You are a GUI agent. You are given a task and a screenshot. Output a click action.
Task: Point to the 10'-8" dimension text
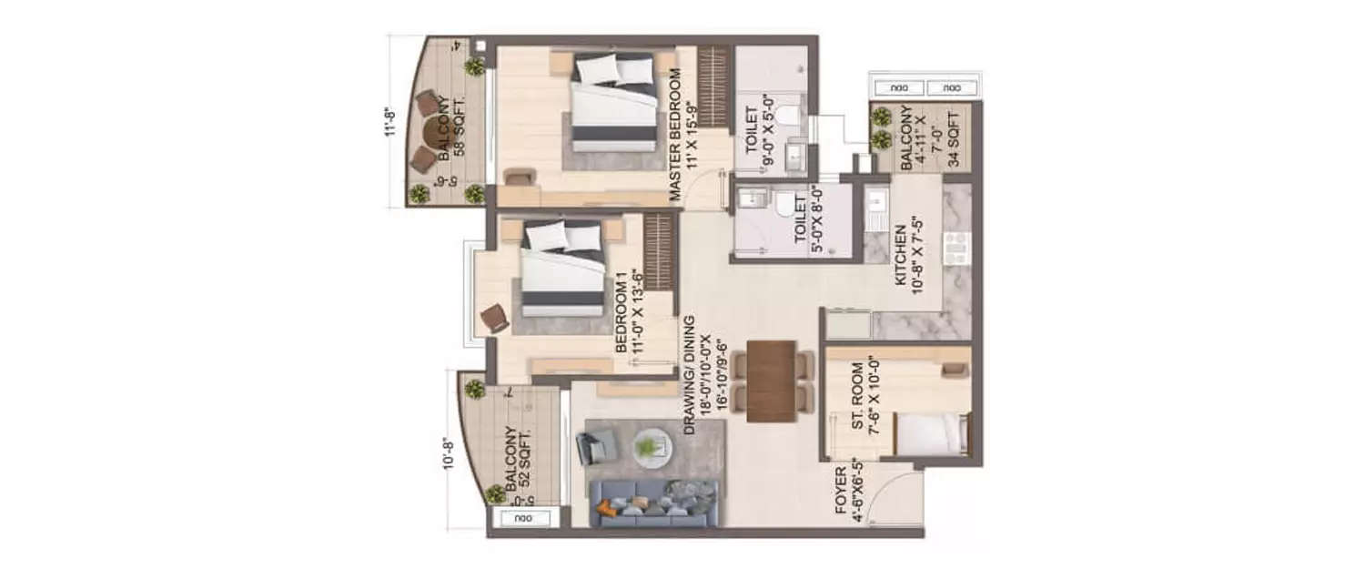448,452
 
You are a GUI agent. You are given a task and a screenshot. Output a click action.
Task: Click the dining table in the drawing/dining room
771,380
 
